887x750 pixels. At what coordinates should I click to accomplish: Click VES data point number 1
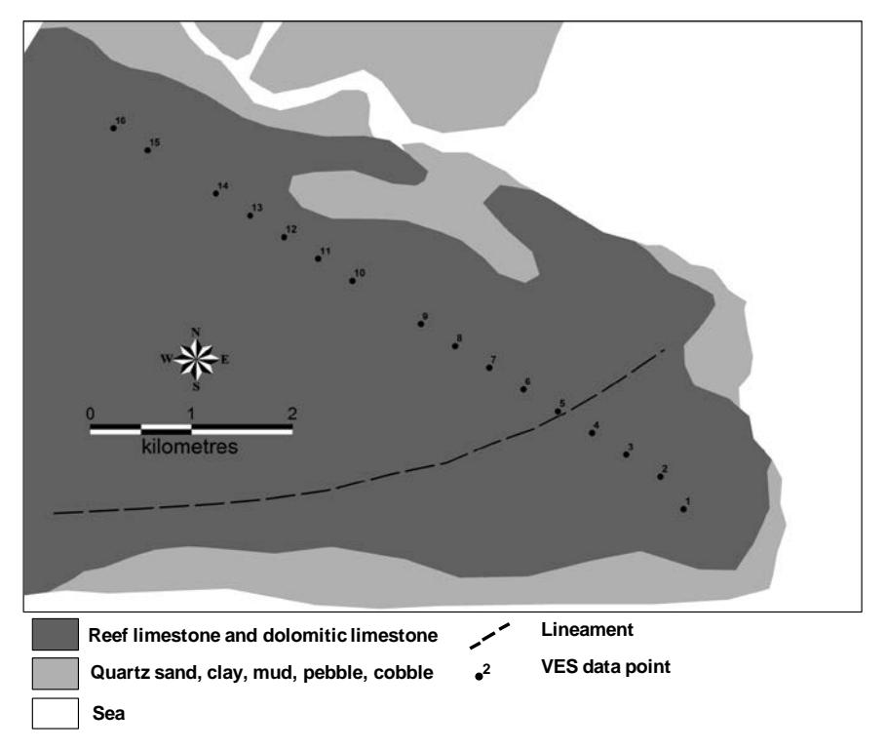[683, 509]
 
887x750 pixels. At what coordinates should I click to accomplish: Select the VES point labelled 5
[558, 412]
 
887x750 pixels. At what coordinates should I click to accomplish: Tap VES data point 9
[421, 324]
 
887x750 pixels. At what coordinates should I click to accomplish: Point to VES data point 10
[353, 281]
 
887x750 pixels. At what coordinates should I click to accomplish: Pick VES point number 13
[251, 216]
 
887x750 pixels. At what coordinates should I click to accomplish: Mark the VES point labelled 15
[147, 150]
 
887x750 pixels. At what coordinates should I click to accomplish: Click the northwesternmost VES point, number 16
[113, 129]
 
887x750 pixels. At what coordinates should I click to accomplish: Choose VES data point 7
[489, 368]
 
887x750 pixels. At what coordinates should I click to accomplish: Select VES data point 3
[626, 454]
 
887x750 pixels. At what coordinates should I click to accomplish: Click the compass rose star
[196, 360]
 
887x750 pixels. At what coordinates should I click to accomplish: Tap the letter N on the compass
[196, 333]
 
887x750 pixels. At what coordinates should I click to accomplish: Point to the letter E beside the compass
[225, 360]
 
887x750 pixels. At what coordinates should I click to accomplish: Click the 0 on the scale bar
[91, 414]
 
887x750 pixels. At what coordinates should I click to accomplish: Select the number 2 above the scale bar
[291, 414]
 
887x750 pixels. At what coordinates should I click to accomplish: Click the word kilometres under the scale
[189, 447]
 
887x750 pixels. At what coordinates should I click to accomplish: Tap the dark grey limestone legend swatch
[56, 634]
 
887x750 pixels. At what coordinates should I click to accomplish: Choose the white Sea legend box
[56, 713]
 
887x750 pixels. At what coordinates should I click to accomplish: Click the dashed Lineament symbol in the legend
[489, 636]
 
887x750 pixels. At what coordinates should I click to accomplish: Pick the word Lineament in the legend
[587, 629]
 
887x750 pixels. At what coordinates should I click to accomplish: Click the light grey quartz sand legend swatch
[56, 674]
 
